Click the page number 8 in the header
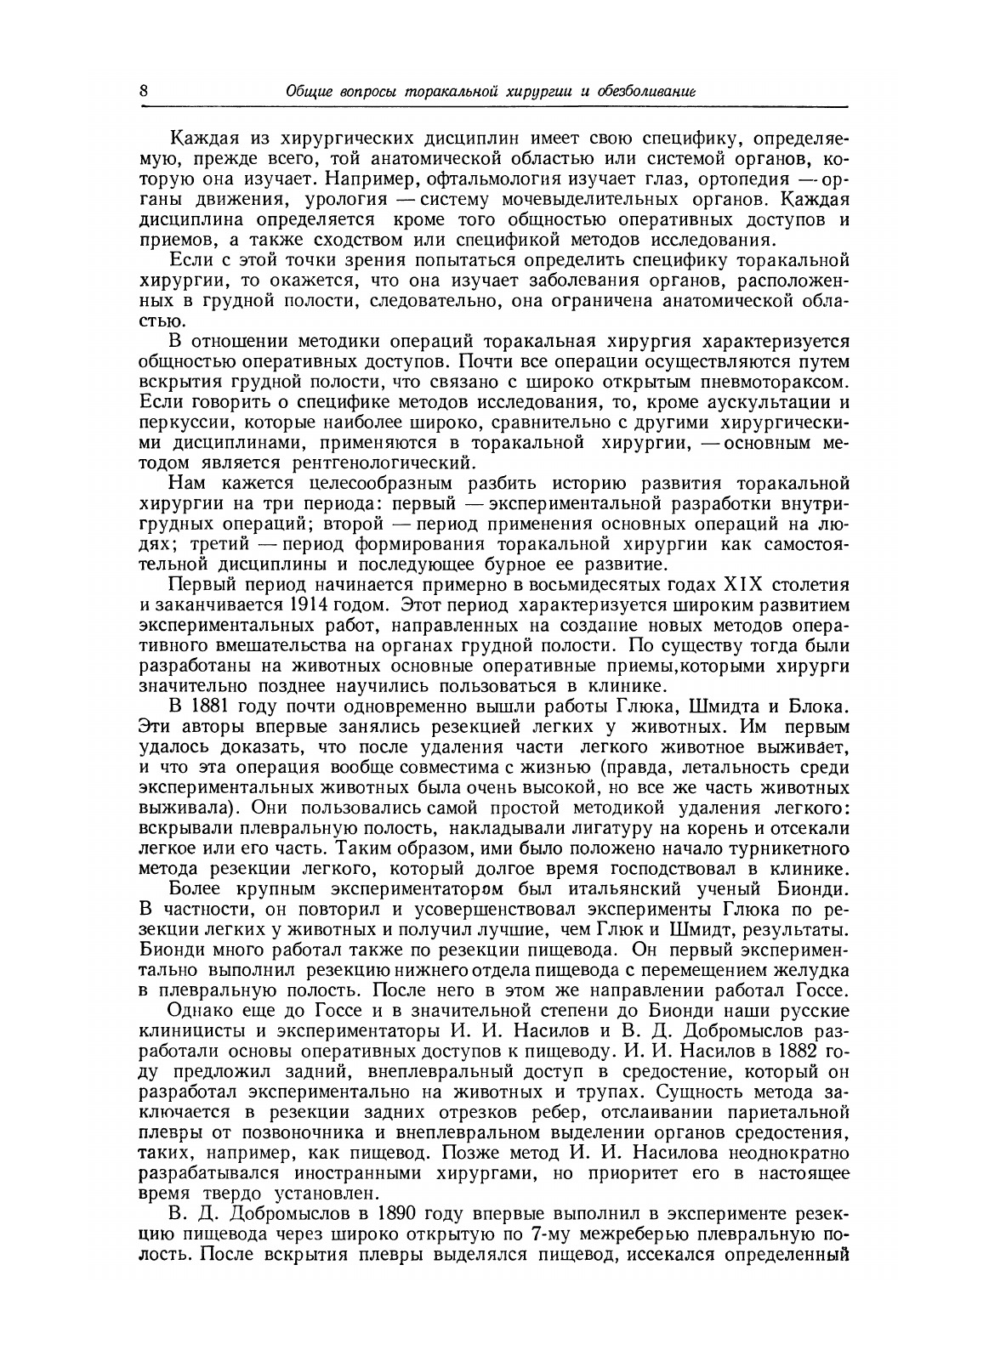(x=143, y=91)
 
